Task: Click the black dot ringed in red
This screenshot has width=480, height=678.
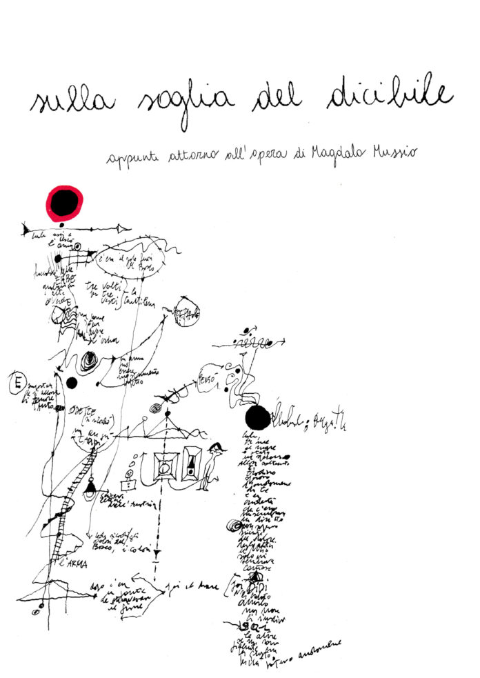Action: [65, 201]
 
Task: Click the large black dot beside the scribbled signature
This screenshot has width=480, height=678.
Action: [257, 417]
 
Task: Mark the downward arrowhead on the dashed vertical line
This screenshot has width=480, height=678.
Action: [157, 552]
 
